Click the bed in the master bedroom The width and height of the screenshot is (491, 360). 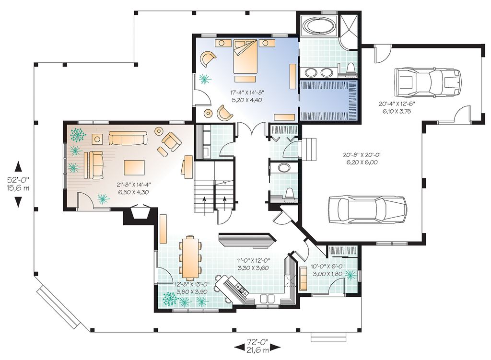tap(245, 58)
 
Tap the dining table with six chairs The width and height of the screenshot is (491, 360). tap(190, 258)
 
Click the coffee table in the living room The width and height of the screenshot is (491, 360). tap(134, 168)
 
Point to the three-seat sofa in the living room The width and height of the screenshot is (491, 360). tap(128, 138)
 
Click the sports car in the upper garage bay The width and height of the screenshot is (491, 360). tap(428, 81)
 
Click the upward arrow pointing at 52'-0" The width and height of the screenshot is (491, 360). tap(18, 166)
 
